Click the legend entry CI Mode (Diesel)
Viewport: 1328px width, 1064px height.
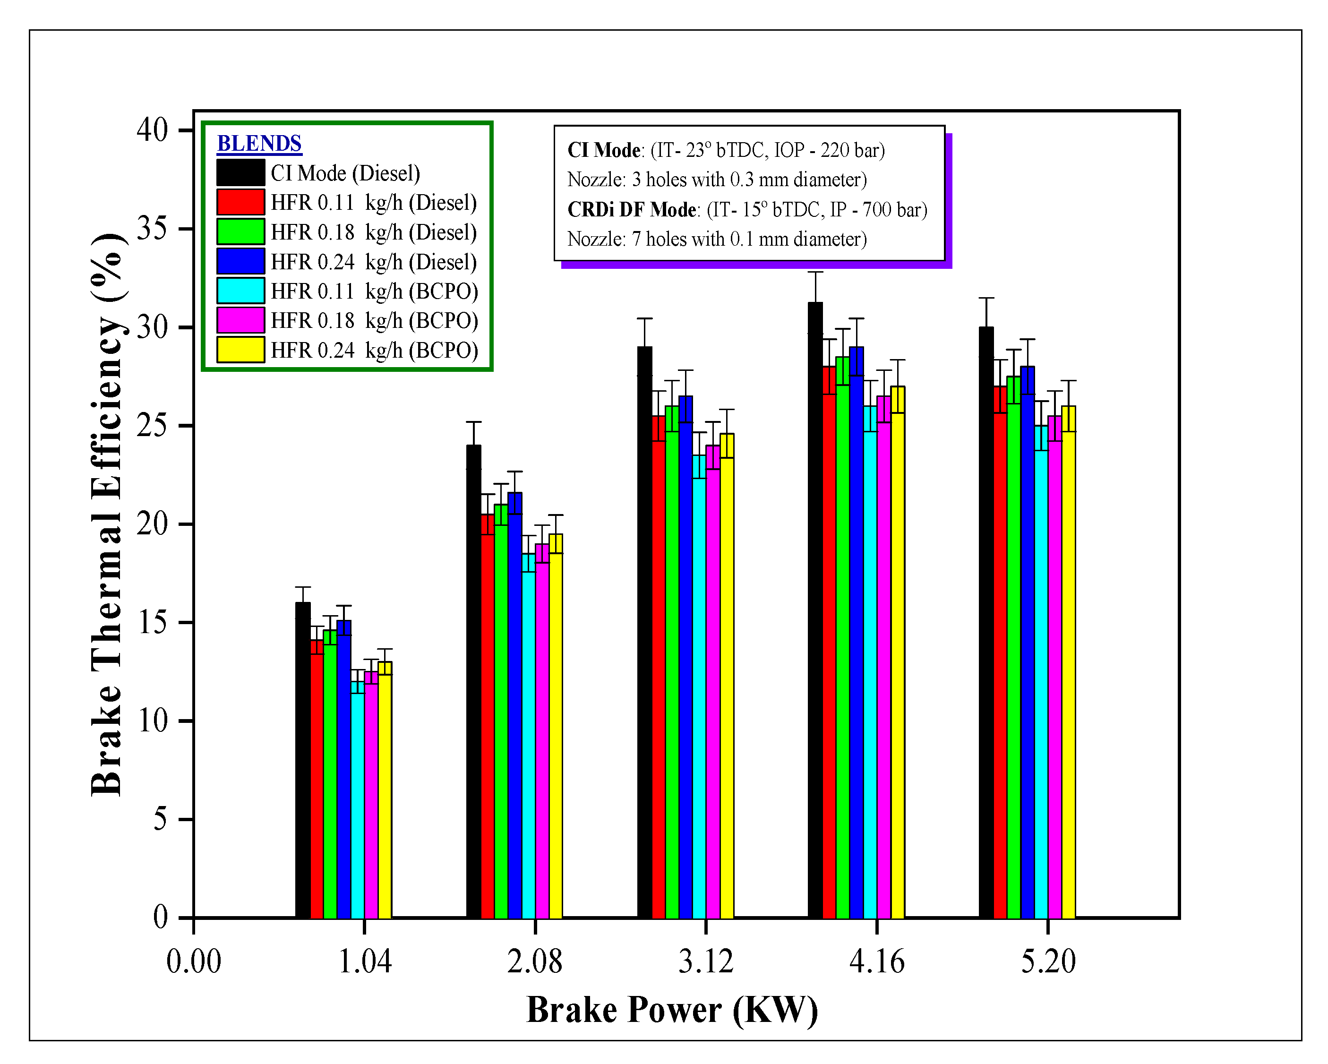pos(345,173)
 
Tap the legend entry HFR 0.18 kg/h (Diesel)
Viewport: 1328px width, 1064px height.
pos(373,232)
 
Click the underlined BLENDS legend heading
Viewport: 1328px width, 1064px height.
pos(259,144)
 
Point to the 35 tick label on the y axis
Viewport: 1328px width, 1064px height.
pos(152,229)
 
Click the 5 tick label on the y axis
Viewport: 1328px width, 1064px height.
pos(160,819)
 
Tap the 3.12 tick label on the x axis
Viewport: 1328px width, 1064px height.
pos(706,961)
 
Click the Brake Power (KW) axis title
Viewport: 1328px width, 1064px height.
pos(672,1011)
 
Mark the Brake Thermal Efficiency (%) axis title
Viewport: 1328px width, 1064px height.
pos(108,515)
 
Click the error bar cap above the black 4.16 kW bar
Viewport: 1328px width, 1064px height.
pos(815,272)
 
